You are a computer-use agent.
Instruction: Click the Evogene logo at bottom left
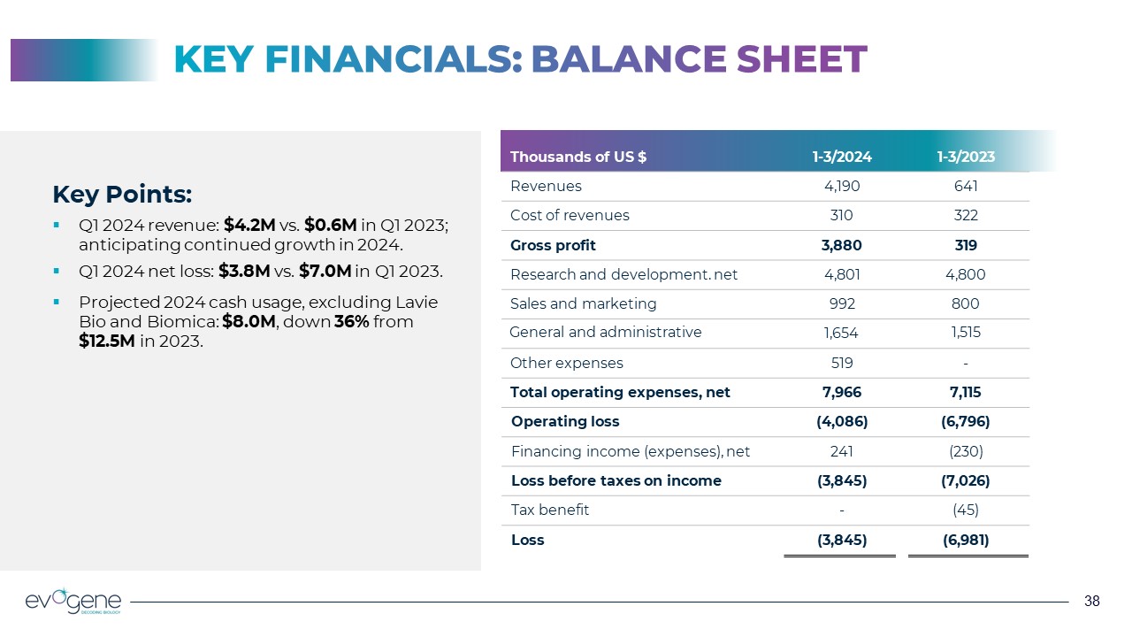click(x=73, y=601)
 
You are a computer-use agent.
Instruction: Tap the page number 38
click(x=1092, y=602)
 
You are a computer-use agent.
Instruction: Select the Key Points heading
click(x=122, y=194)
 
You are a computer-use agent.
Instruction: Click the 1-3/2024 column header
click(x=842, y=157)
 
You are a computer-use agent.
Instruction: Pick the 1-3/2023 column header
click(x=966, y=157)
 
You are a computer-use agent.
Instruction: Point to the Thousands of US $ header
click(x=578, y=157)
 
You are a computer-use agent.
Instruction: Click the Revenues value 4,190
click(x=842, y=187)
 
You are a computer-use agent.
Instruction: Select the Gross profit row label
click(x=553, y=245)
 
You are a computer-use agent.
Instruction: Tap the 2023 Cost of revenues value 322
click(x=966, y=216)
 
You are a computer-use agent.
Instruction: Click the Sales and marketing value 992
click(x=842, y=304)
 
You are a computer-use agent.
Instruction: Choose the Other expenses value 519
click(x=842, y=363)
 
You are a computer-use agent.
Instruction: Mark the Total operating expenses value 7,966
click(x=842, y=392)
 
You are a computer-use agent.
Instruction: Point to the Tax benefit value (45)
click(x=966, y=510)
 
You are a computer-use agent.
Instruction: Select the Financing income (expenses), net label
click(x=631, y=451)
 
